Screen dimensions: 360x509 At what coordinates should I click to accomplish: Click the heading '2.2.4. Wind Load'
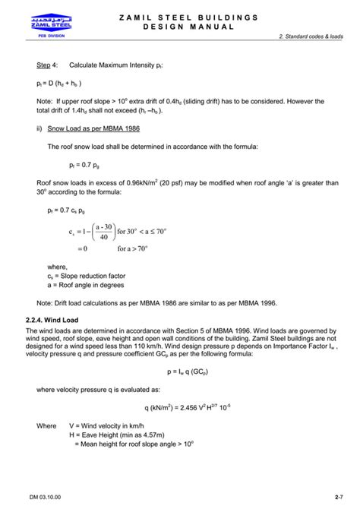click(57, 320)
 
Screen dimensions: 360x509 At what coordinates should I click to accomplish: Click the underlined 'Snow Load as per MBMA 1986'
click(90, 128)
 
